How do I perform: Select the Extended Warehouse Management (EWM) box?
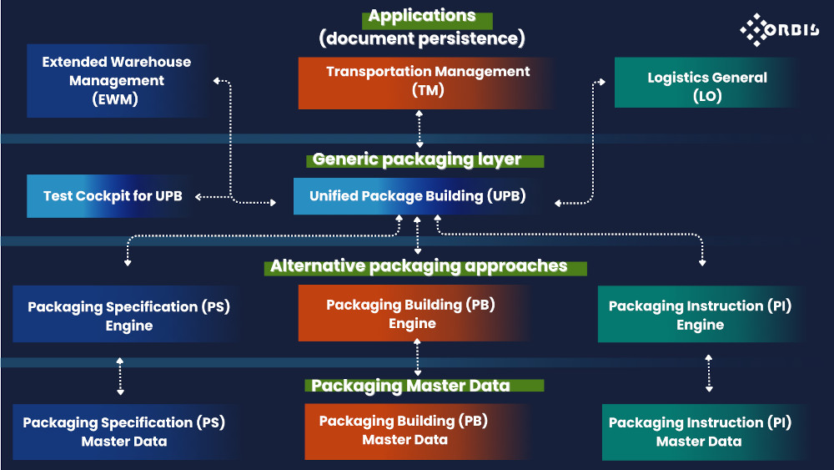[x=117, y=81]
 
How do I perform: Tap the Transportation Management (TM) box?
[x=427, y=82]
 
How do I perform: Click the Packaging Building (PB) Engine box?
[x=411, y=314]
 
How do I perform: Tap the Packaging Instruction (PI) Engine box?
[x=700, y=316]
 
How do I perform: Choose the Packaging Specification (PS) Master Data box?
[x=123, y=432]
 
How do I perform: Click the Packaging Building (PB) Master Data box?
[x=404, y=431]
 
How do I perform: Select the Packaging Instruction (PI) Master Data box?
[x=700, y=432]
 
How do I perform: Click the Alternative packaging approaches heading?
[x=419, y=266]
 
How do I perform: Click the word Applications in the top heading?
[x=422, y=17]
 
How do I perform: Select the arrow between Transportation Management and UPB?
[x=419, y=129]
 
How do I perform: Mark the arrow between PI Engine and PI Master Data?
[x=709, y=373]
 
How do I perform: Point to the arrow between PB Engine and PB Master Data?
[x=418, y=360]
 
